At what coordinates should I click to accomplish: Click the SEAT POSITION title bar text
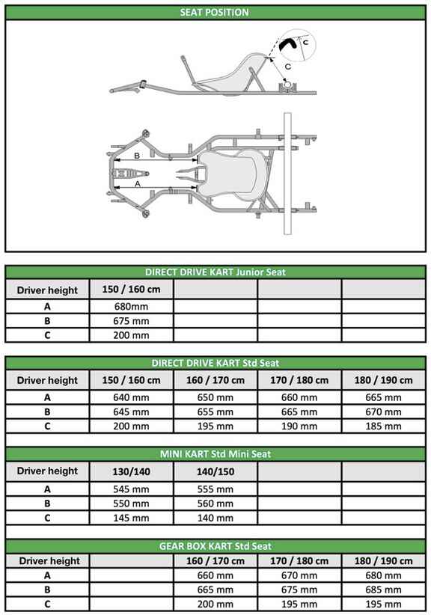coord(215,12)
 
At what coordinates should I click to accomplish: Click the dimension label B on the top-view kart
coord(136,156)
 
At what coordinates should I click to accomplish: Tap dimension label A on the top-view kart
coord(138,183)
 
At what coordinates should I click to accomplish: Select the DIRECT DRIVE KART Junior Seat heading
coord(215,272)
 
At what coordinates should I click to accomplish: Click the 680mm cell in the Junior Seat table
coord(131,307)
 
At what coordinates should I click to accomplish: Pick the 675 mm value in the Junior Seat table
coord(131,321)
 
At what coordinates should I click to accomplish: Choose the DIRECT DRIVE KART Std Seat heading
coord(215,363)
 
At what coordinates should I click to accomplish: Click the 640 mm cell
coord(131,397)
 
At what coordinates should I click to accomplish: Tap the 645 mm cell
coord(131,411)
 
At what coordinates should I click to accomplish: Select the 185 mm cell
coord(383,426)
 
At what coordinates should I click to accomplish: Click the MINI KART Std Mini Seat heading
coord(215,453)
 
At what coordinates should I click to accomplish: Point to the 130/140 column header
coord(131,471)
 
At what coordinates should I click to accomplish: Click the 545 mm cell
coord(131,489)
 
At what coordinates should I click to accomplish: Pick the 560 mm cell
coord(215,503)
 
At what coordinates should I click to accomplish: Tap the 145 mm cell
coord(131,517)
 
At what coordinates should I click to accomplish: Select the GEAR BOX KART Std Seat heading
coord(215,546)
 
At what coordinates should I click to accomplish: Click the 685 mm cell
coord(383,590)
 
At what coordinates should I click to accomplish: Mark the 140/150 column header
coord(215,471)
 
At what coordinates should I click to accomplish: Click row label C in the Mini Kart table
coord(47,517)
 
